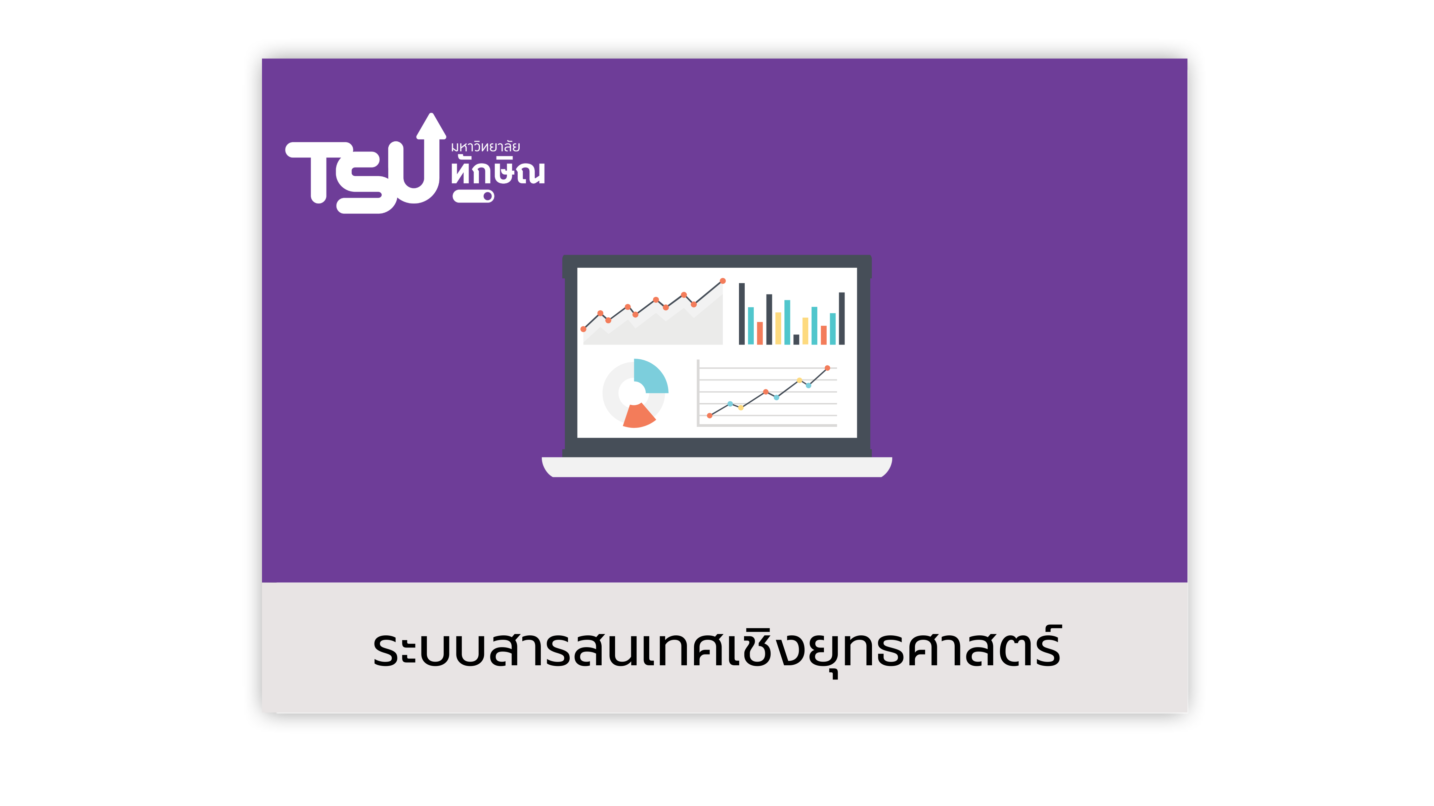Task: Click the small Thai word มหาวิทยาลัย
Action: coord(485,147)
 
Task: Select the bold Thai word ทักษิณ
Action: coord(498,171)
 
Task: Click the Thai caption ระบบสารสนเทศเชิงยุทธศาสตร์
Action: coord(717,650)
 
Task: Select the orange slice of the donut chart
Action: coord(638,416)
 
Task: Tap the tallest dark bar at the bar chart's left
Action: coord(741,314)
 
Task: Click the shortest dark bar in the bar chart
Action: coord(796,340)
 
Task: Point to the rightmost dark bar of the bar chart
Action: coord(842,318)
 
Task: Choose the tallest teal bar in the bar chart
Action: coord(787,322)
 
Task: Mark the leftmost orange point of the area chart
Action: coord(583,329)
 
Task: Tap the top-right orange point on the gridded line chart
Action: coord(827,368)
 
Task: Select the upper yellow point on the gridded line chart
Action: coord(799,380)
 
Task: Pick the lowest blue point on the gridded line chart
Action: coord(730,404)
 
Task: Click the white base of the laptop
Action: coord(717,467)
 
